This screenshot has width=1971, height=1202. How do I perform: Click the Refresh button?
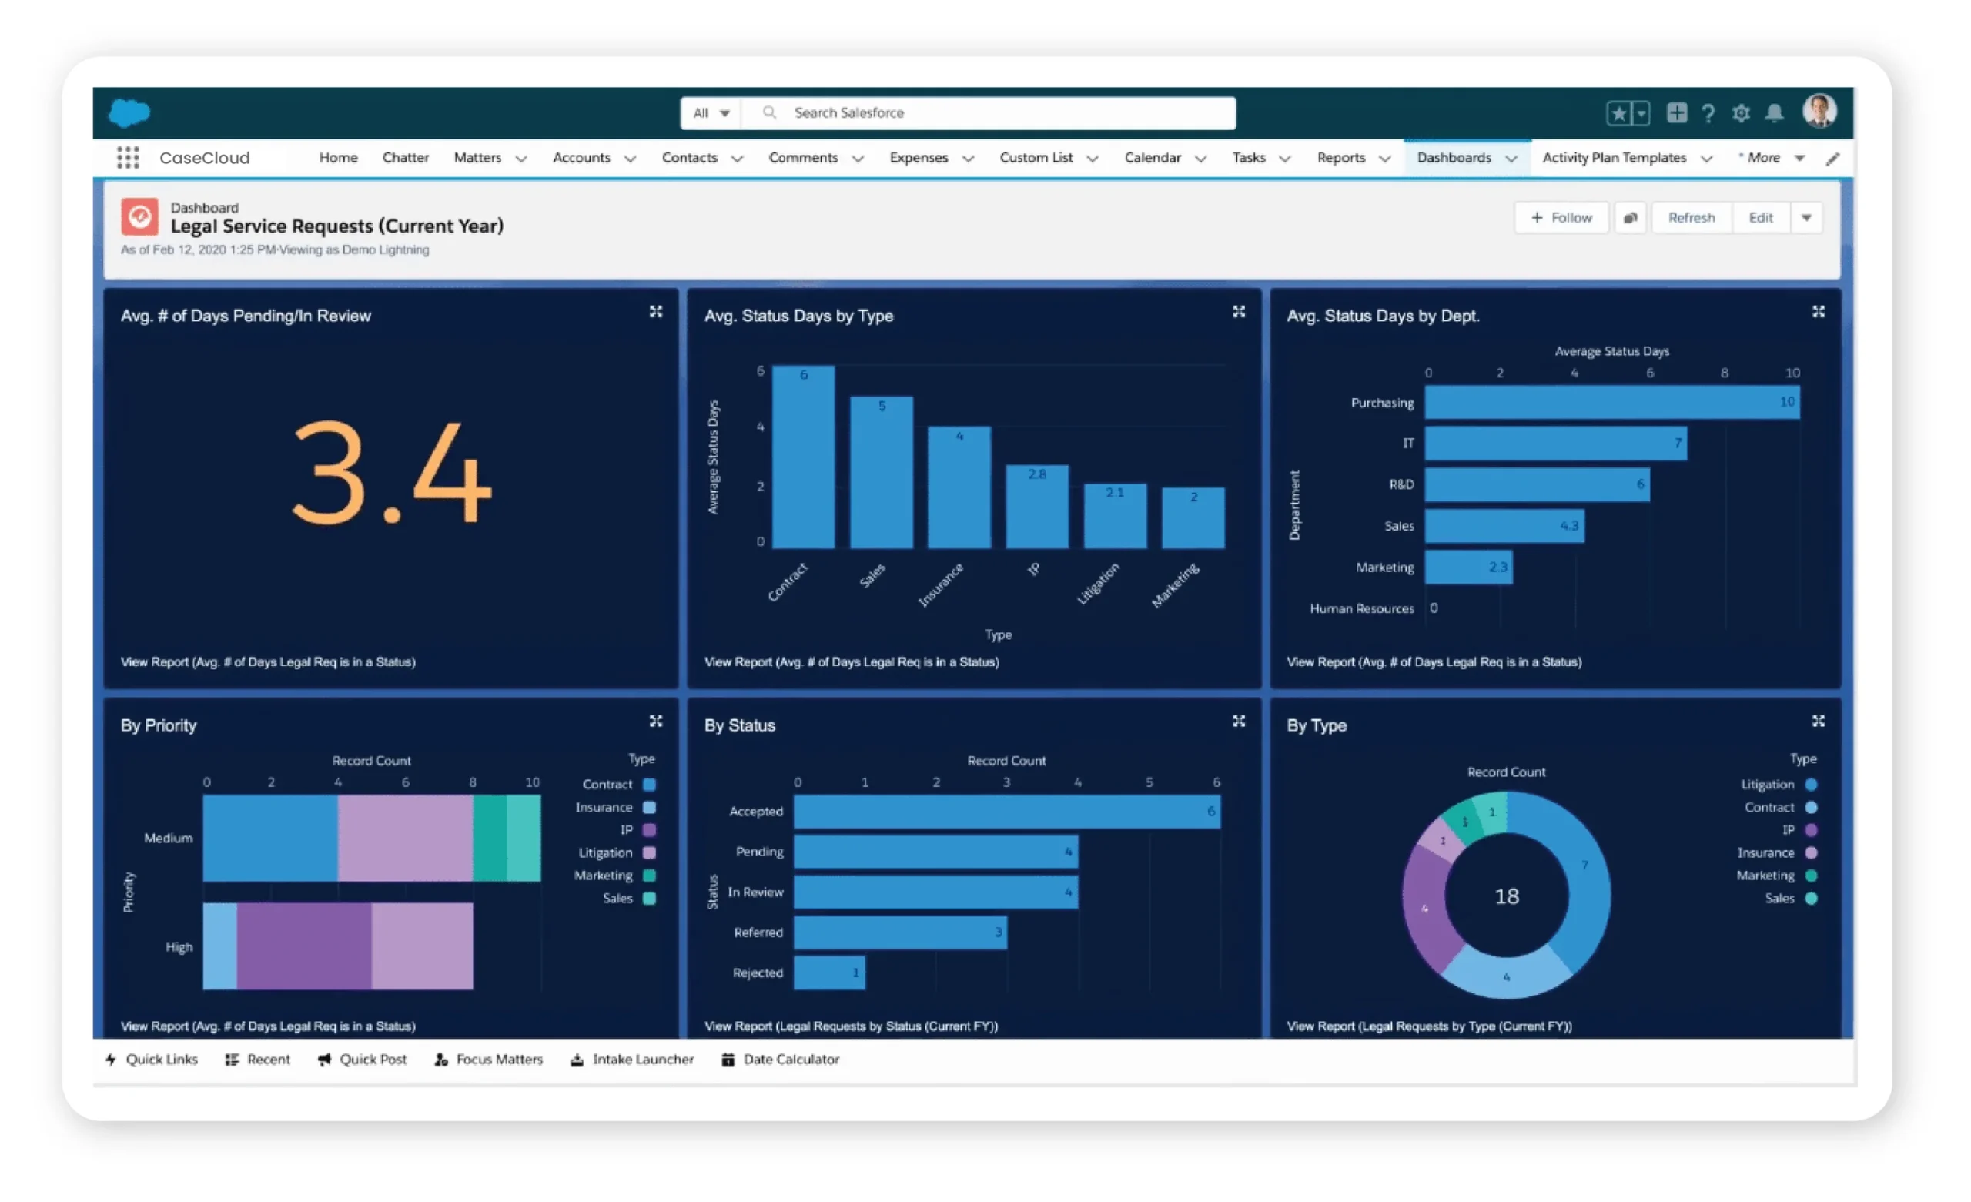[1690, 218]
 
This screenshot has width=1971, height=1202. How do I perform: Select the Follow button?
[1561, 218]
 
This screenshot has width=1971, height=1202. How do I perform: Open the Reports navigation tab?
[1340, 158]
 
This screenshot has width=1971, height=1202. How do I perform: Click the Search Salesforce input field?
[1000, 113]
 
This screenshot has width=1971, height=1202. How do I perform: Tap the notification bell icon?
[1773, 114]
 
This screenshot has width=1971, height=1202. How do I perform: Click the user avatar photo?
[1819, 111]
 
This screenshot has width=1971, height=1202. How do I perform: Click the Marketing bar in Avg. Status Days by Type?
[1193, 518]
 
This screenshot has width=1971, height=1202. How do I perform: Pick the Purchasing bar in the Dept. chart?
[1611, 403]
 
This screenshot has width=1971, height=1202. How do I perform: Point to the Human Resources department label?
[1361, 609]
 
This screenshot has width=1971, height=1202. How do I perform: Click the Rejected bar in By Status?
[828, 973]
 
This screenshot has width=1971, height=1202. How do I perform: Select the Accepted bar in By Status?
[1006, 812]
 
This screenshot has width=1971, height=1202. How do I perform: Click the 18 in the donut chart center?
[1506, 896]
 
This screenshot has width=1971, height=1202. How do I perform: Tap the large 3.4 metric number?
[391, 474]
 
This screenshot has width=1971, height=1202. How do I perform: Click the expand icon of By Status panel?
[1238, 721]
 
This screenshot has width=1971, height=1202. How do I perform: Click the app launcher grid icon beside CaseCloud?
[128, 158]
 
